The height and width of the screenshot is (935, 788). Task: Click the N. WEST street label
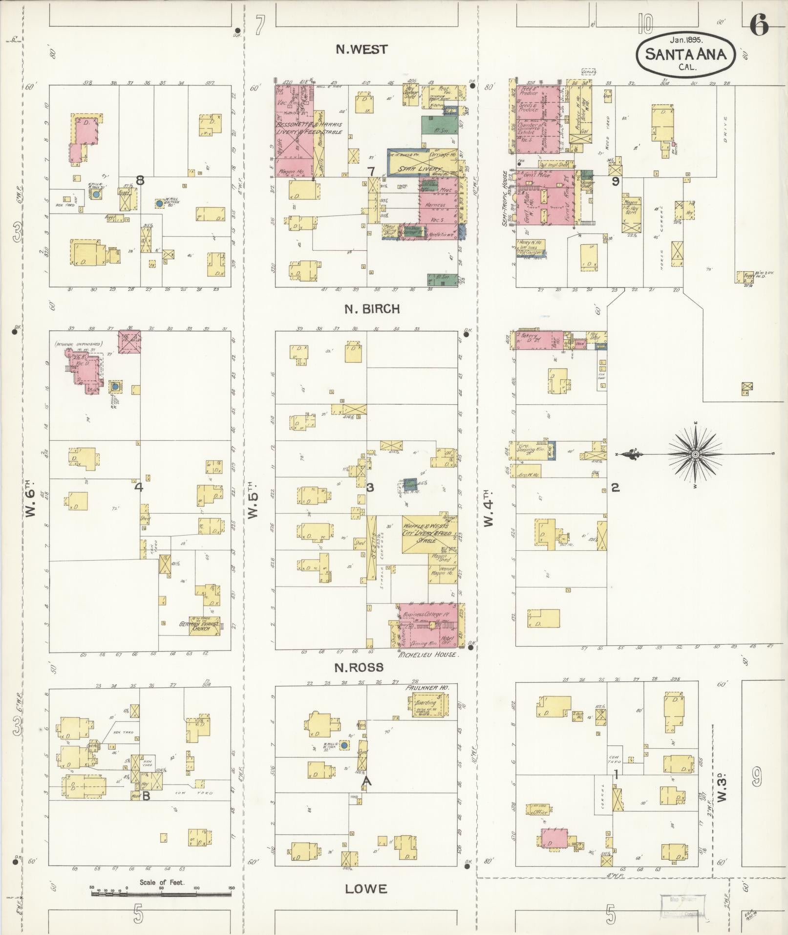[x=362, y=49]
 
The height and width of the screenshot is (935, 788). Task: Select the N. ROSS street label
[x=366, y=668]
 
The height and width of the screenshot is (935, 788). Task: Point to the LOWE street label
[x=366, y=889]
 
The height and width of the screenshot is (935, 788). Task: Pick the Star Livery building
[x=423, y=162]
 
